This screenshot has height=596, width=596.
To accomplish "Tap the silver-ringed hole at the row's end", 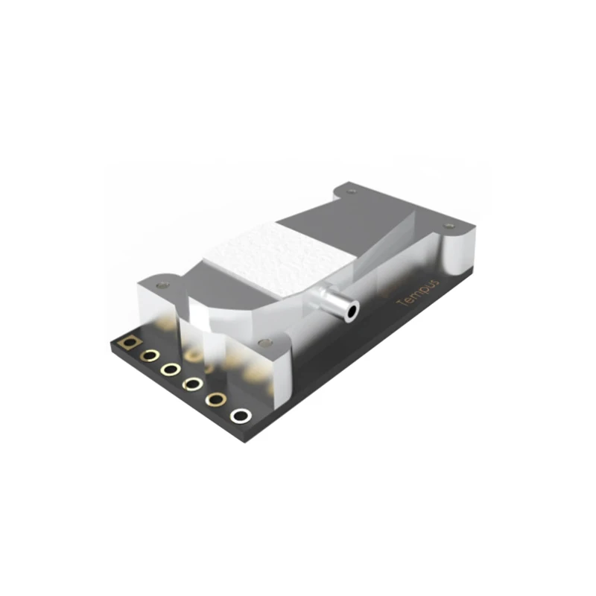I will pos(240,415).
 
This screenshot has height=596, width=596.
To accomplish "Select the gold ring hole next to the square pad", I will pos(150,355).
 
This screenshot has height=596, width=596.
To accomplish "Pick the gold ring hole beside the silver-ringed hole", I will pos(216,399).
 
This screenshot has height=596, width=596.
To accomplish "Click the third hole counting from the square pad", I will pos(171,369).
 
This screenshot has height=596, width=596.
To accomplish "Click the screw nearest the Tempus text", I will pos(448,225).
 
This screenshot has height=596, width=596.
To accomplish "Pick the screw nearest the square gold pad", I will pos(163,285).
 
